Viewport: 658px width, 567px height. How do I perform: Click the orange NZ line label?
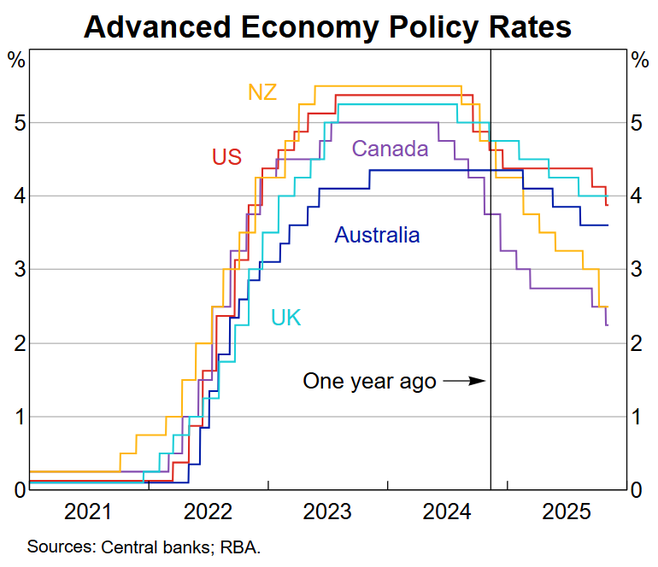[x=262, y=92]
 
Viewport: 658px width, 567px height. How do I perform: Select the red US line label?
[x=227, y=157]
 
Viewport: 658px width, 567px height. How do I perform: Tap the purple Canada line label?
[x=390, y=149]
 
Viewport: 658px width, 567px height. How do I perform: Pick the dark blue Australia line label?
[x=377, y=235]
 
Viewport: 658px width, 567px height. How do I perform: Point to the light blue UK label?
[x=285, y=318]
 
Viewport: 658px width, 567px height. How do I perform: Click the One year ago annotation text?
[x=369, y=381]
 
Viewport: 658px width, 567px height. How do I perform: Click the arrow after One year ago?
[x=465, y=381]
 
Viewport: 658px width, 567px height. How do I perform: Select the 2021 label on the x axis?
[x=89, y=513]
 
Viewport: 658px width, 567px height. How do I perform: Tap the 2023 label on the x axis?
[x=327, y=513]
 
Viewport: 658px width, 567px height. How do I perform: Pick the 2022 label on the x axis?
[x=208, y=513]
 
